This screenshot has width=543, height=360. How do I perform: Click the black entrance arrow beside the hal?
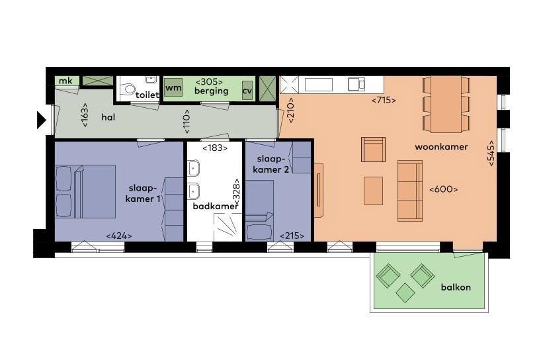(x=41, y=120)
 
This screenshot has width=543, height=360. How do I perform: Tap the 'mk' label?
(x=65, y=81)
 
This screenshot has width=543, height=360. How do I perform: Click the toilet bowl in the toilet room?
(x=129, y=89)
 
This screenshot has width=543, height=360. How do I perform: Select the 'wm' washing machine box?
(x=173, y=87)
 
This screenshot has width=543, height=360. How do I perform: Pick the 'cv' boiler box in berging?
(x=247, y=91)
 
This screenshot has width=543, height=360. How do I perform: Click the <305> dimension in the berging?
(x=209, y=82)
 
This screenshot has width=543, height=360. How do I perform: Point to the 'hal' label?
(x=108, y=117)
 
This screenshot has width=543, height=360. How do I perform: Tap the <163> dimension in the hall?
(x=85, y=115)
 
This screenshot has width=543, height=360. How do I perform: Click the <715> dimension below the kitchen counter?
(x=384, y=101)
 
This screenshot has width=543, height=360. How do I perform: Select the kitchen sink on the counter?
(x=356, y=84)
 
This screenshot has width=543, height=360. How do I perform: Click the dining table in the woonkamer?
(x=446, y=105)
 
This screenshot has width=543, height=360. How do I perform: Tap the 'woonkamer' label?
(x=441, y=147)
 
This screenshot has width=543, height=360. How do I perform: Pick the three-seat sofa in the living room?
(x=410, y=191)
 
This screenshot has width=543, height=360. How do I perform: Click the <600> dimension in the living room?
(x=443, y=189)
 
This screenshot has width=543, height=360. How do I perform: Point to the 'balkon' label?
(x=456, y=287)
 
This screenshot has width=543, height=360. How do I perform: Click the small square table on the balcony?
(x=405, y=292)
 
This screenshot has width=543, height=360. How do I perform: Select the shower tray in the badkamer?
(x=228, y=227)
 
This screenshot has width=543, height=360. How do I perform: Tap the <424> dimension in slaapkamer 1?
(x=119, y=236)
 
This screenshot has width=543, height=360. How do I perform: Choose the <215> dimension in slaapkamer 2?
(x=292, y=236)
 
